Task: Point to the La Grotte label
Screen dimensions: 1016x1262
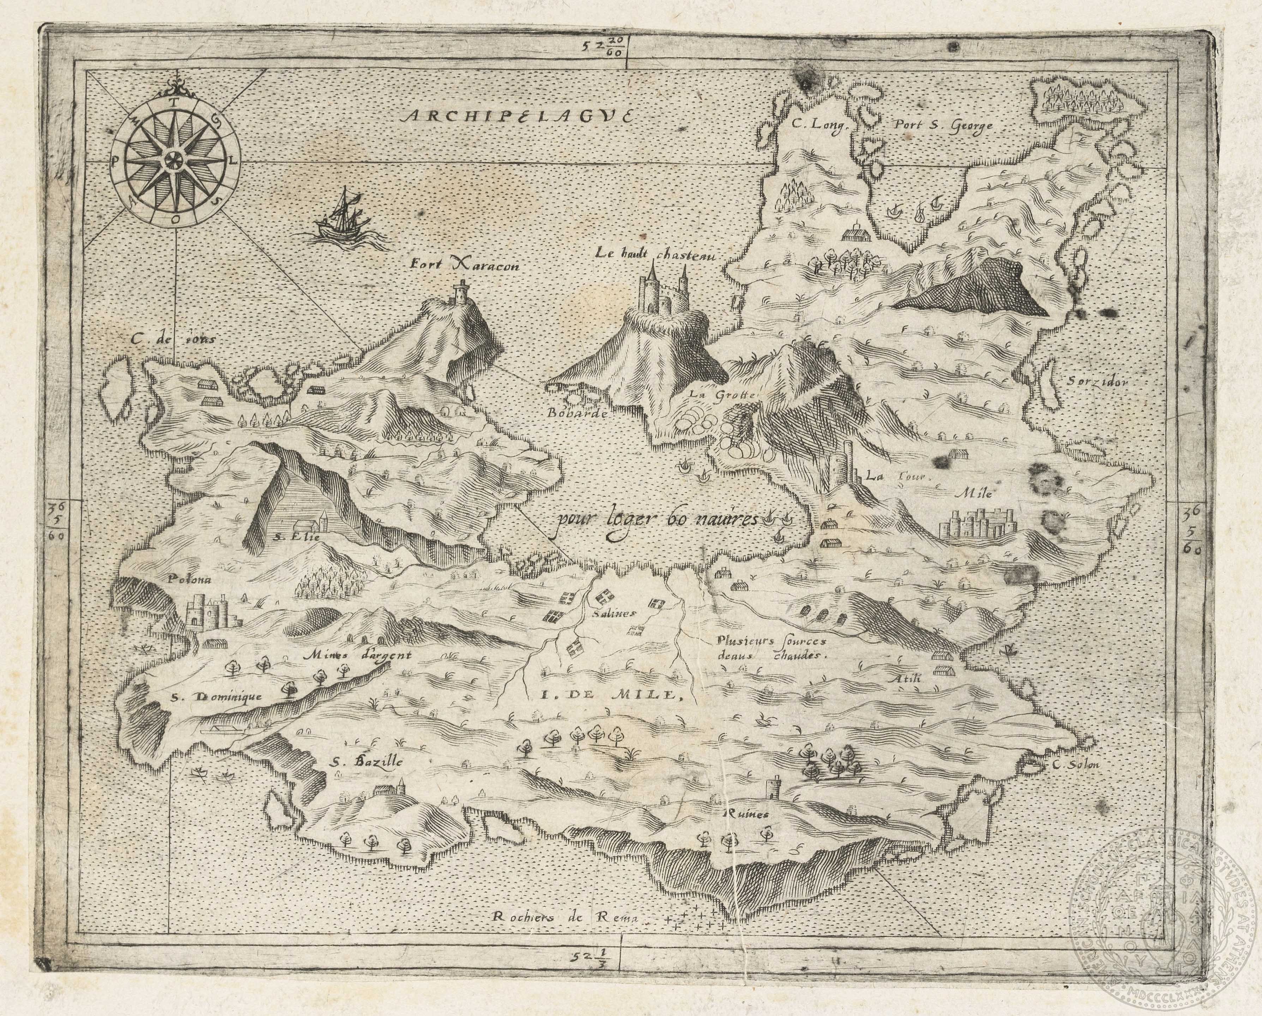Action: click(723, 395)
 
